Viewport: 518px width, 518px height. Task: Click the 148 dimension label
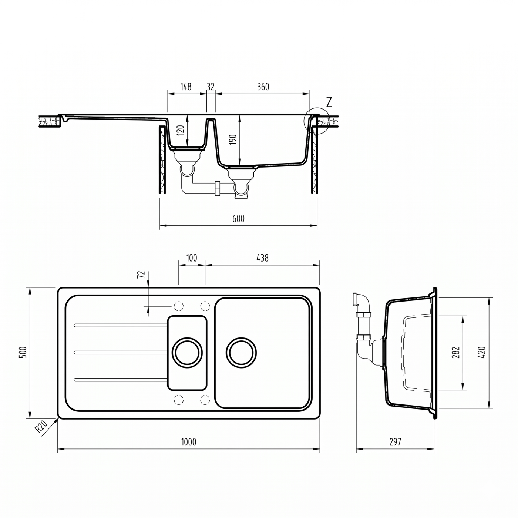tap(186, 87)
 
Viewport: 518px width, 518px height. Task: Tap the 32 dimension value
tap(211, 87)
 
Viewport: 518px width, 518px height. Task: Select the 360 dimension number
tap(263, 87)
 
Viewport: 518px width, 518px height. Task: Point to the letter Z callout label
tap(329, 102)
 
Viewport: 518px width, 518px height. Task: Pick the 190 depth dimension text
tap(233, 139)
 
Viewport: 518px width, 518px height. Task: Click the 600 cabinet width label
tap(238, 219)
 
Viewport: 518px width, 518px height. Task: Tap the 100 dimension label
tap(191, 258)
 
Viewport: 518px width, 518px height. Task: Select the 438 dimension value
tap(262, 258)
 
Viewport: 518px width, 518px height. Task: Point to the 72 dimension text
tap(141, 275)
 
